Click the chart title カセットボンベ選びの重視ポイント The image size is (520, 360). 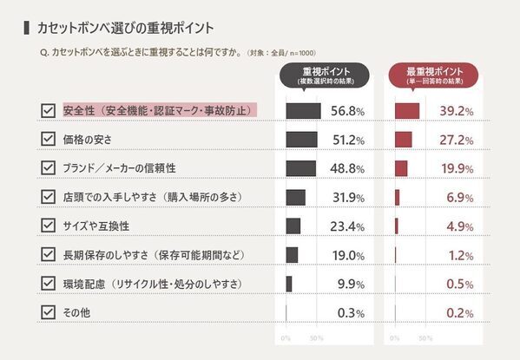point(125,28)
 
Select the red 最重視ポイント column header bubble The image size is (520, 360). point(434,75)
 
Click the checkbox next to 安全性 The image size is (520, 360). point(48,111)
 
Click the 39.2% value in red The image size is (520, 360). point(455,111)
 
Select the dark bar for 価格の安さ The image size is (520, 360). point(301,140)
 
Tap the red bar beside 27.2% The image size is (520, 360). point(403,140)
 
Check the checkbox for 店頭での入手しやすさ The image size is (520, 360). point(48,197)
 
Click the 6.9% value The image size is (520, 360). point(458,198)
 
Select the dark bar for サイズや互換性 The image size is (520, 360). point(293,226)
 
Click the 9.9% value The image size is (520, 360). point(350,284)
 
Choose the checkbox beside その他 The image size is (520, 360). point(48,311)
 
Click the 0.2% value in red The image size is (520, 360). point(458,312)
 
